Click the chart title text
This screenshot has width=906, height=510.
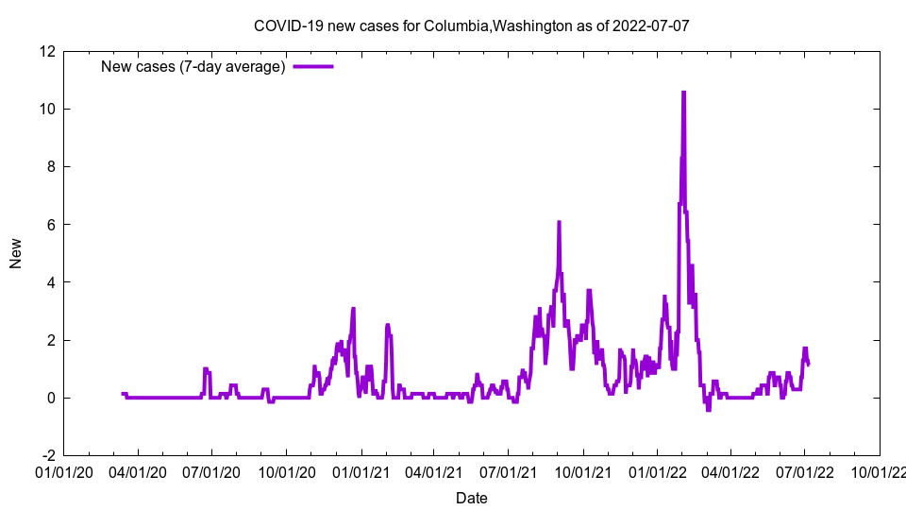pyautogui.click(x=471, y=25)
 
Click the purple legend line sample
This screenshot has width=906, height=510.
pyautogui.click(x=312, y=66)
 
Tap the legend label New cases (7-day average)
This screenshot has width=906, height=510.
pyautogui.click(x=193, y=66)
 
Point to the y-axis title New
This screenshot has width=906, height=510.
pyautogui.click(x=16, y=253)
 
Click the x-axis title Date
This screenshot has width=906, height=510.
pyautogui.click(x=472, y=498)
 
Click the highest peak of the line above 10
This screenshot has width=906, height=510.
pyautogui.click(x=683, y=93)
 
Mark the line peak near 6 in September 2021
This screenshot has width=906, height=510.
pyautogui.click(x=559, y=222)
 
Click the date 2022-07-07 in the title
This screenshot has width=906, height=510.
pyautogui.click(x=650, y=25)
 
